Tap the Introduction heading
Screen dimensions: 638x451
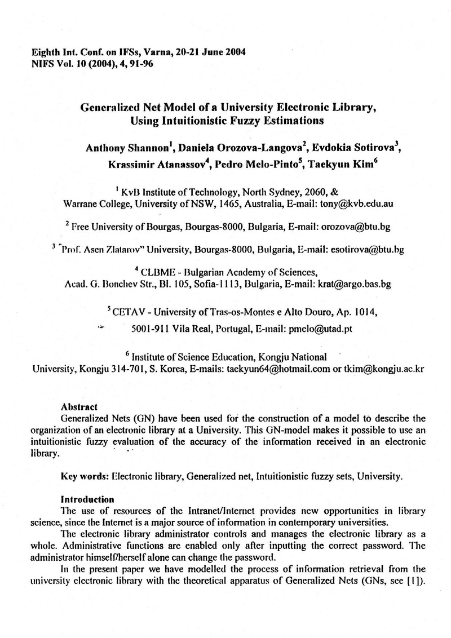point(87,499)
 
